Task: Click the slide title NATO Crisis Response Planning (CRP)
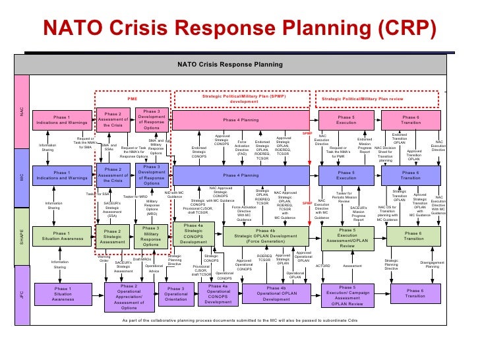pos(239,29)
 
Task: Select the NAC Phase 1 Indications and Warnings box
pos(61,121)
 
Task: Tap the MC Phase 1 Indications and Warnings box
pos(61,175)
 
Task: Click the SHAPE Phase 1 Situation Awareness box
pos(61,236)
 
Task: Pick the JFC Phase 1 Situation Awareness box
pos(63,293)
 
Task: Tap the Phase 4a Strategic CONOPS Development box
pos(194,234)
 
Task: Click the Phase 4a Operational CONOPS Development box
pos(218,293)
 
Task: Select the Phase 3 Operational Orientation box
pos(176,294)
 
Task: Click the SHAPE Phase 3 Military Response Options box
pos(150,236)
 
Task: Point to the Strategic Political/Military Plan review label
pos(361,100)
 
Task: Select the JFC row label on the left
pos(21,294)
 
